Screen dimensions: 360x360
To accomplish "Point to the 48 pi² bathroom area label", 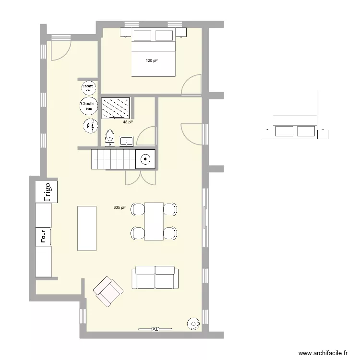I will point(128,122).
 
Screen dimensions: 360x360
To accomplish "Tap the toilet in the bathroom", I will point(110,136).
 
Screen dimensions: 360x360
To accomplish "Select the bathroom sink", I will point(127,141).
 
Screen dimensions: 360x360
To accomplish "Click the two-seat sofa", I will point(155,277).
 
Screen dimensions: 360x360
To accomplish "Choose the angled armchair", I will point(108,291).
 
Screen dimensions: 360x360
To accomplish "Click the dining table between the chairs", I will point(154,221).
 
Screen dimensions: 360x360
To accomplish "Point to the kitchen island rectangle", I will point(87,228).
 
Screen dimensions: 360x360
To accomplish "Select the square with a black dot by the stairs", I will point(145,159).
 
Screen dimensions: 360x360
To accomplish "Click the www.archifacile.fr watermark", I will point(323,353).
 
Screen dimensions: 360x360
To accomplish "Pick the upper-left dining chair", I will point(138,209).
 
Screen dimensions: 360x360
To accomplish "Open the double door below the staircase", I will point(140,178).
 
